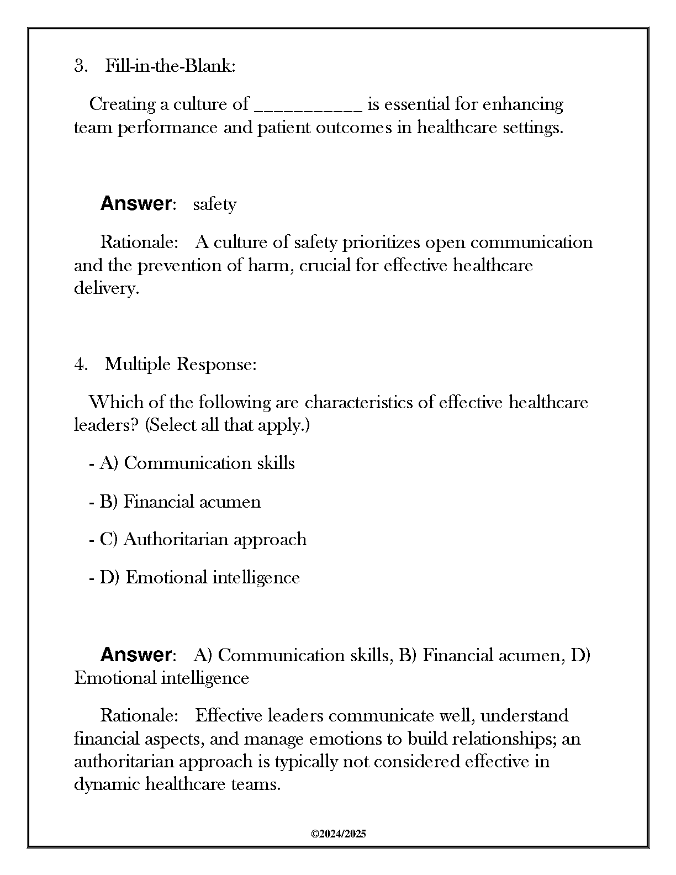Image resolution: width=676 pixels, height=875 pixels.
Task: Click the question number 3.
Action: (80, 66)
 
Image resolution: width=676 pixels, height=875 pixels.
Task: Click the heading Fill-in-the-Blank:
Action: (170, 66)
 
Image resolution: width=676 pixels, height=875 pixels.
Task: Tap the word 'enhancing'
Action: (524, 104)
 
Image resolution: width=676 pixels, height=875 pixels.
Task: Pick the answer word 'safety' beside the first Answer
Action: (215, 204)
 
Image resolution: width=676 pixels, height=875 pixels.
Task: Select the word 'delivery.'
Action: (107, 288)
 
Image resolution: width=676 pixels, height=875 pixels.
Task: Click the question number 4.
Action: (80, 364)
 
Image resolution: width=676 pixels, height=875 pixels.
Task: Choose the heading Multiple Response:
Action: (181, 364)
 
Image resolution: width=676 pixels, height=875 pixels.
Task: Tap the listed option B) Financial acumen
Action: (180, 502)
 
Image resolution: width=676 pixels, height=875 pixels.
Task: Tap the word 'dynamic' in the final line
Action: (107, 784)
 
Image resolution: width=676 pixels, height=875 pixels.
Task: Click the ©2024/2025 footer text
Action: (338, 834)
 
